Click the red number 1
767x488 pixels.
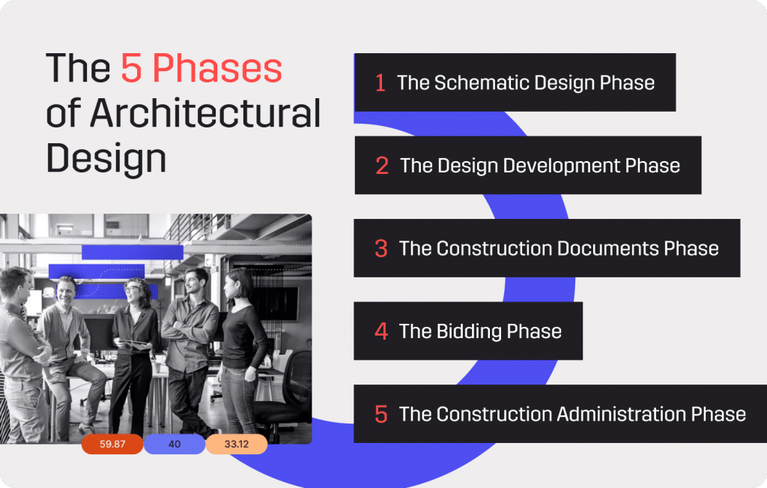tap(381, 83)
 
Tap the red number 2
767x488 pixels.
tap(382, 166)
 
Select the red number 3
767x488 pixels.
tap(381, 249)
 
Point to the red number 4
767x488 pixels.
tap(381, 331)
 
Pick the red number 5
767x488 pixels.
tap(381, 414)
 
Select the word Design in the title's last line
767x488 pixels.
tap(106, 158)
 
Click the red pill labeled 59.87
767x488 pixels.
tap(112, 445)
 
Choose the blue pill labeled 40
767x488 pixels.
tap(175, 445)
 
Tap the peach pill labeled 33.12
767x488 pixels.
tap(236, 445)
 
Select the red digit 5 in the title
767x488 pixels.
tap(131, 70)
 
